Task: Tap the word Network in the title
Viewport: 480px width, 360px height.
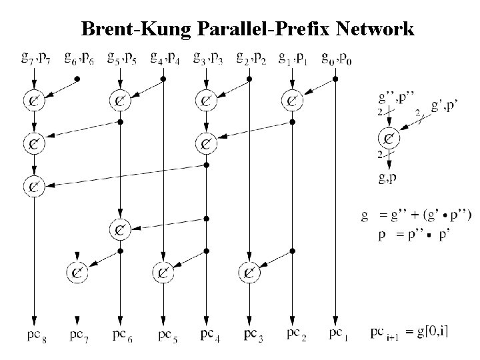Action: (x=375, y=29)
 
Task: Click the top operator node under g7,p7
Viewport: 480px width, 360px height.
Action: (x=33, y=101)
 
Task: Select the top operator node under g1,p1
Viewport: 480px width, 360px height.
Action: (x=293, y=101)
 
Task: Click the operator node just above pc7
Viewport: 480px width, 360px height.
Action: (x=78, y=271)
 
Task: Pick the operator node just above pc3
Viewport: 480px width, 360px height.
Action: (x=249, y=271)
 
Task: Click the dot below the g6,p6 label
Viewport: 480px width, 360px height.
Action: (x=77, y=79)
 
